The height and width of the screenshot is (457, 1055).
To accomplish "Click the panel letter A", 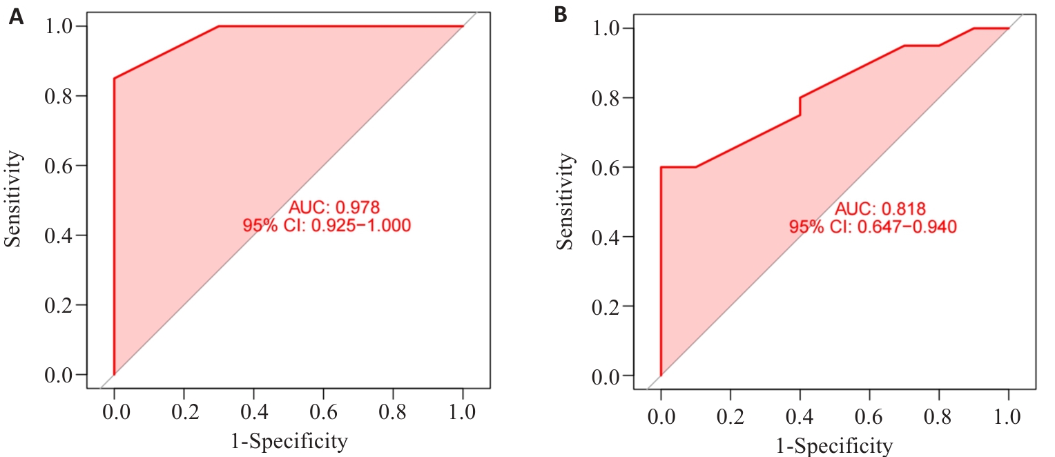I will pyautogui.click(x=15, y=17).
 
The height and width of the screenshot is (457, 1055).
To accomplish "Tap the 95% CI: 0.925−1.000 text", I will pyautogui.click(x=327, y=225).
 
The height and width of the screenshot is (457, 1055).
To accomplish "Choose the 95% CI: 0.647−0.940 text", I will pyautogui.click(x=873, y=227).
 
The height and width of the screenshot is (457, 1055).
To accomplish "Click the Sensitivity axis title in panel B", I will pyautogui.click(x=565, y=202).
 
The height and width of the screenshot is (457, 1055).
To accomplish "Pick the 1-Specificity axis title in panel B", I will pyautogui.click(x=835, y=444).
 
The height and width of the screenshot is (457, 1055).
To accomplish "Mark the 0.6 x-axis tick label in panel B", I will pyautogui.click(x=869, y=417).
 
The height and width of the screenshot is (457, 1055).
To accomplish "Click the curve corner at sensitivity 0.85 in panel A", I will pyautogui.click(x=115, y=78).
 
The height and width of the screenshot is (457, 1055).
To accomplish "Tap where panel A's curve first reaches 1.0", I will pyautogui.click(x=219, y=26).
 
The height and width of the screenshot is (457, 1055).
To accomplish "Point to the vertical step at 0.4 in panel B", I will pyautogui.click(x=800, y=106).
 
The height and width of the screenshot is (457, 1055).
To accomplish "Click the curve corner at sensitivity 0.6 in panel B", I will pyautogui.click(x=661, y=167).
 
